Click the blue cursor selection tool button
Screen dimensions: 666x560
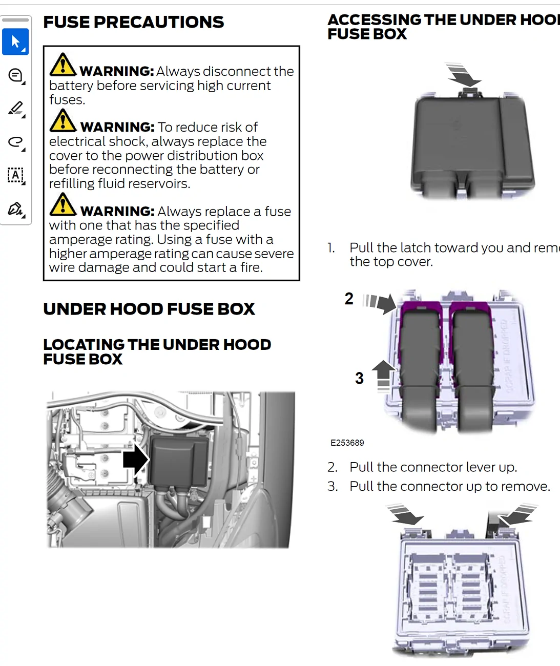click(15, 41)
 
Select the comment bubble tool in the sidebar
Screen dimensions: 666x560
click(16, 75)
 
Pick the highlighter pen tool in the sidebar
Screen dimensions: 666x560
click(16, 109)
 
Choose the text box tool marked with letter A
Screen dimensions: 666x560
click(16, 175)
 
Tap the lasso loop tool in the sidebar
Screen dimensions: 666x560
click(16, 142)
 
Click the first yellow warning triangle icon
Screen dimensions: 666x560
click(63, 65)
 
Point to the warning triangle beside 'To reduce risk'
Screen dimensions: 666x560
click(63, 120)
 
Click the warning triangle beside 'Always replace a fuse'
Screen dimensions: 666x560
click(63, 204)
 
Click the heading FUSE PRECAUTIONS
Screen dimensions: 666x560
click(133, 22)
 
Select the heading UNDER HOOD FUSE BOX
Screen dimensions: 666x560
click(149, 309)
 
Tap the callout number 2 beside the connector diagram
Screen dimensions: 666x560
click(349, 299)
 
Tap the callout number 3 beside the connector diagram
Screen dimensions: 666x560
click(359, 379)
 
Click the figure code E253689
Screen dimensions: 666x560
click(347, 443)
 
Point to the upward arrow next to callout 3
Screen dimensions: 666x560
click(383, 374)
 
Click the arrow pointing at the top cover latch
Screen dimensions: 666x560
click(464, 75)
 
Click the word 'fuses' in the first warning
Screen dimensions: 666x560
click(66, 100)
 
